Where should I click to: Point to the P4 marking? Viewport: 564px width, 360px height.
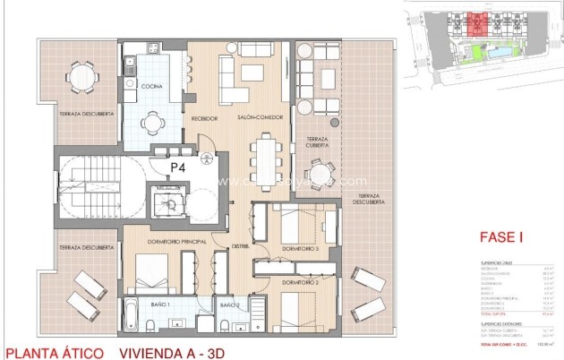pos(179,167)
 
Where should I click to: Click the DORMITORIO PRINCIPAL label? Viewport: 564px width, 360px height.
pos(166,242)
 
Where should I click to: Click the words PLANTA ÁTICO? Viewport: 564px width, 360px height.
pos(54,352)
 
